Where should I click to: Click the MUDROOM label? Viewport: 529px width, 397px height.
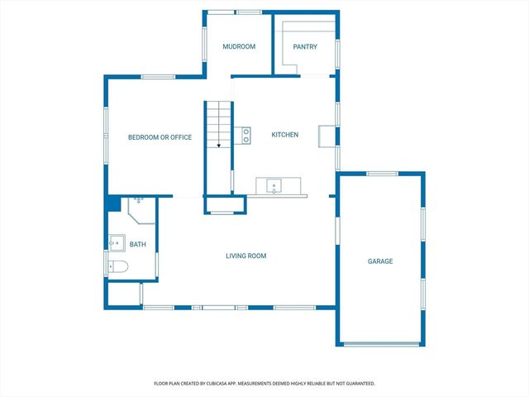(x=239, y=47)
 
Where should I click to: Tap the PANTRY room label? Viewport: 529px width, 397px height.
(x=306, y=47)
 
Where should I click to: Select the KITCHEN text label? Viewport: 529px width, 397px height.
(x=285, y=135)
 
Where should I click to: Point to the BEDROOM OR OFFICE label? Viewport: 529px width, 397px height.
(x=160, y=137)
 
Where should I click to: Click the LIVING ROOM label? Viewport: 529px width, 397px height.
(x=246, y=256)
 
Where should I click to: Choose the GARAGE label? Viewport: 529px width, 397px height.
(x=380, y=261)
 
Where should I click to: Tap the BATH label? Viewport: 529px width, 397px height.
(x=137, y=244)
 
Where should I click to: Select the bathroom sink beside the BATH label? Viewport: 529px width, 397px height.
(x=117, y=243)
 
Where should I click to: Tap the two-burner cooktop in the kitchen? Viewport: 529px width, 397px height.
(x=245, y=135)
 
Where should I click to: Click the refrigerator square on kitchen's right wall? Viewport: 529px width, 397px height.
(x=327, y=136)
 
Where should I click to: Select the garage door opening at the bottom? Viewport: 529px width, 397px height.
(x=380, y=344)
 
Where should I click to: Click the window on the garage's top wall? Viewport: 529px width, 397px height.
(x=383, y=174)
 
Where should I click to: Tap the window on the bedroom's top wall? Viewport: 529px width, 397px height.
(x=157, y=78)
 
